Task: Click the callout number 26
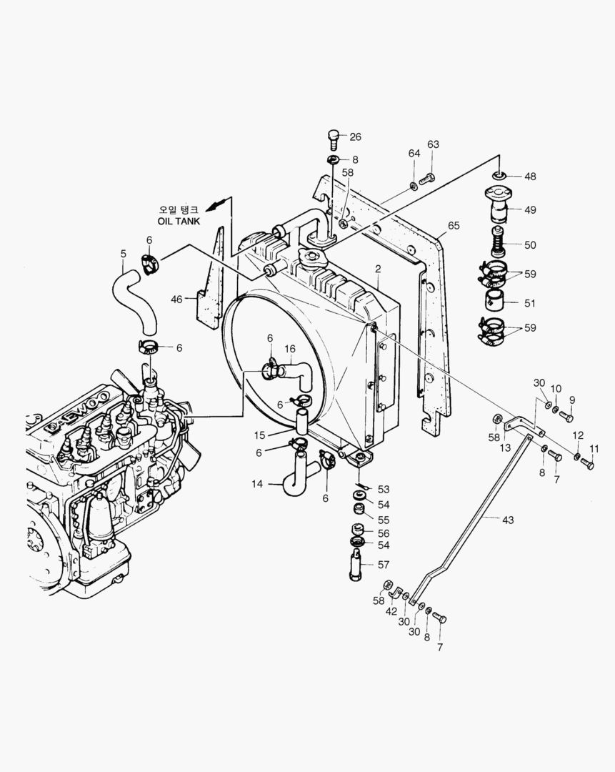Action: click(355, 137)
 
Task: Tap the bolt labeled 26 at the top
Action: click(333, 136)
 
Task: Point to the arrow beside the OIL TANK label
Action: click(218, 204)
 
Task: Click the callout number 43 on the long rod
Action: click(508, 520)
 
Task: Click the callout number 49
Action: click(529, 210)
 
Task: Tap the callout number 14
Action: click(257, 485)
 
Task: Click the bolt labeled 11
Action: click(587, 465)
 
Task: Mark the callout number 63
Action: click(433, 145)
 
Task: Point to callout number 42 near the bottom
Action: click(391, 611)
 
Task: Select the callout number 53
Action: click(384, 490)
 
